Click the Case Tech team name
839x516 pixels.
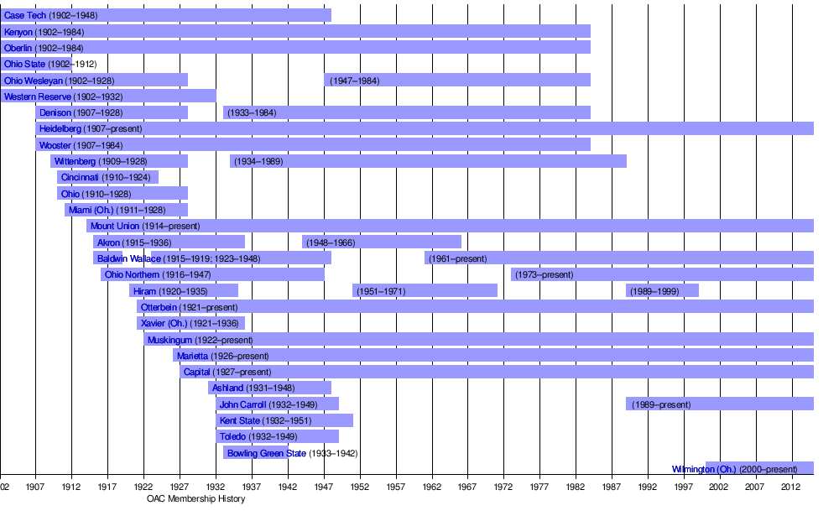click(x=25, y=16)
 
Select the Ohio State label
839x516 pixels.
click(x=25, y=64)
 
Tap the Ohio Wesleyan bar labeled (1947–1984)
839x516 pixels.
click(x=457, y=81)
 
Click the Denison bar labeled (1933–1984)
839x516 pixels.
click(x=407, y=112)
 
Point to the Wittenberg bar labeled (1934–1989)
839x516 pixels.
click(x=428, y=161)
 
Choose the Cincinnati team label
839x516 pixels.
click(x=80, y=178)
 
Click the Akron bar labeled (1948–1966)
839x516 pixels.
click(x=382, y=242)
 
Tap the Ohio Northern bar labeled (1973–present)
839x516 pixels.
click(x=663, y=274)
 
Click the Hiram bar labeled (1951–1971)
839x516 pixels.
click(x=425, y=291)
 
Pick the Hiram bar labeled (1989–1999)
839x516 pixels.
click(x=663, y=291)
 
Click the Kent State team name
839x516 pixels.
click(x=240, y=420)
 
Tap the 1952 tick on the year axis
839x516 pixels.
click(x=360, y=487)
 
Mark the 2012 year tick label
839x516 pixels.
click(x=791, y=487)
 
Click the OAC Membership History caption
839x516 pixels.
click(x=196, y=499)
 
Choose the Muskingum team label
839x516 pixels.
click(x=169, y=340)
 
